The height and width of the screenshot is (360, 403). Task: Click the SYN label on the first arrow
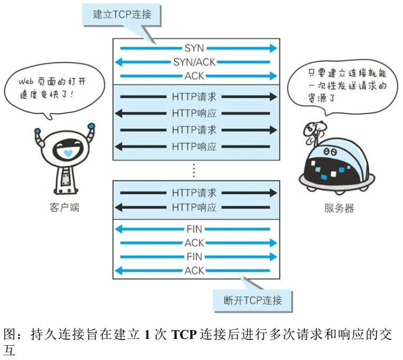[x=194, y=48]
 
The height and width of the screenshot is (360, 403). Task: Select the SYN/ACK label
[x=194, y=62]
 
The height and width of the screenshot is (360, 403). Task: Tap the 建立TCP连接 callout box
[x=122, y=14]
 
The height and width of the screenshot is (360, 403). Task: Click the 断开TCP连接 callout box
[x=253, y=300]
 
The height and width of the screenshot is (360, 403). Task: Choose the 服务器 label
[x=339, y=208]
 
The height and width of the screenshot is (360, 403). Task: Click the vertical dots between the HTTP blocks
[x=194, y=170]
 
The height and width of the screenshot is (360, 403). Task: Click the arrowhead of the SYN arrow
[x=273, y=48]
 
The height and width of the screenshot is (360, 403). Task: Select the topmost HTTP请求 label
[x=194, y=97]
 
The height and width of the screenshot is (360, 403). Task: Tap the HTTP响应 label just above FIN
[x=194, y=207]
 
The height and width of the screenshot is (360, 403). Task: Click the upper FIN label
[x=194, y=229]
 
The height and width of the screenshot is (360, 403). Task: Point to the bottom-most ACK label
[x=194, y=271]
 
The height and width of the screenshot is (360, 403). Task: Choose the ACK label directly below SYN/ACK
[x=194, y=76]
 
